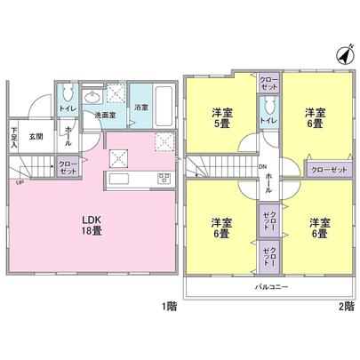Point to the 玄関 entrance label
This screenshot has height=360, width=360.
[36, 136]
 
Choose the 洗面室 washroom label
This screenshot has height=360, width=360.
[107, 116]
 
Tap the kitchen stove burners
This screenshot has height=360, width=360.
[163, 178]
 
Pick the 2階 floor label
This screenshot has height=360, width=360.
[347, 308]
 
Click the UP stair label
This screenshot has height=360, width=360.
[19, 184]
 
